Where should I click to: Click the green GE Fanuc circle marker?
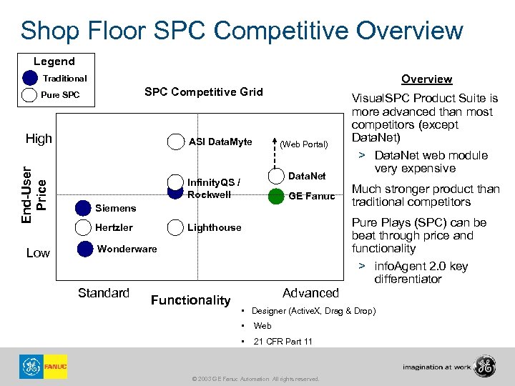tap(276, 197)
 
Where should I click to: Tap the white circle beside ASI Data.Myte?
tap(175, 142)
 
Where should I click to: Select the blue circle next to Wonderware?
tap(85, 249)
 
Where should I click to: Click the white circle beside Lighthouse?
tap(175, 227)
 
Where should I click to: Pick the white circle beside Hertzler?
tap(85, 227)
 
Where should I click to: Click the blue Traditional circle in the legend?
tap(29, 78)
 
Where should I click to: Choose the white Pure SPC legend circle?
tap(29, 94)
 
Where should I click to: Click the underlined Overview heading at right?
tap(426, 79)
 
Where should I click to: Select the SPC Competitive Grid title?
tap(204, 91)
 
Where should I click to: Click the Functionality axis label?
tap(191, 300)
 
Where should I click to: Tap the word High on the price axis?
tap(39, 139)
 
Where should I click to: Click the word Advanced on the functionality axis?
tap(310, 293)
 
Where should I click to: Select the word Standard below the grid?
tap(104, 293)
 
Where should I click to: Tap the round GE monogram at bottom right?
tap(486, 366)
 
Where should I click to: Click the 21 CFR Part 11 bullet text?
tap(283, 341)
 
